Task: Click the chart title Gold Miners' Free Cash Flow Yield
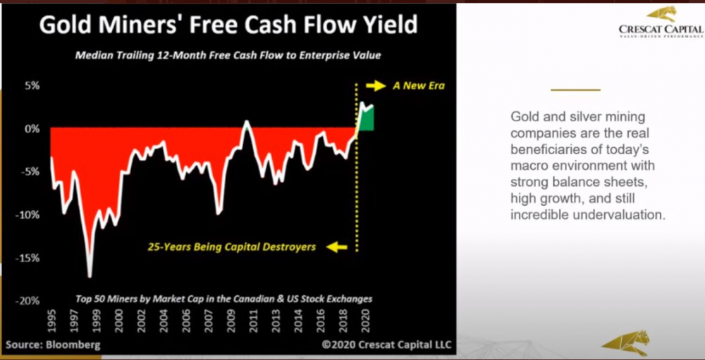pyautogui.click(x=228, y=25)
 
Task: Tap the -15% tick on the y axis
pyautogui.click(x=29, y=259)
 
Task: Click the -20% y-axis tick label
pyautogui.click(x=29, y=301)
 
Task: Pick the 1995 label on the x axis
pyautogui.click(x=53, y=321)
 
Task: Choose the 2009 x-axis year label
pyautogui.click(x=231, y=321)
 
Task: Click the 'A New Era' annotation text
pyautogui.click(x=419, y=85)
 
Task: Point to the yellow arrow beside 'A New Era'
pyautogui.click(x=376, y=85)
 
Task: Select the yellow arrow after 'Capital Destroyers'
pyautogui.click(x=337, y=247)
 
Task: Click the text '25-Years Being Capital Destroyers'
pyautogui.click(x=232, y=247)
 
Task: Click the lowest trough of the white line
pyautogui.click(x=90, y=276)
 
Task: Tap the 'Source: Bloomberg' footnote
pyautogui.click(x=53, y=345)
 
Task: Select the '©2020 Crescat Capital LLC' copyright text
pyautogui.click(x=386, y=345)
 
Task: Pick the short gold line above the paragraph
pyautogui.click(x=575, y=89)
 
